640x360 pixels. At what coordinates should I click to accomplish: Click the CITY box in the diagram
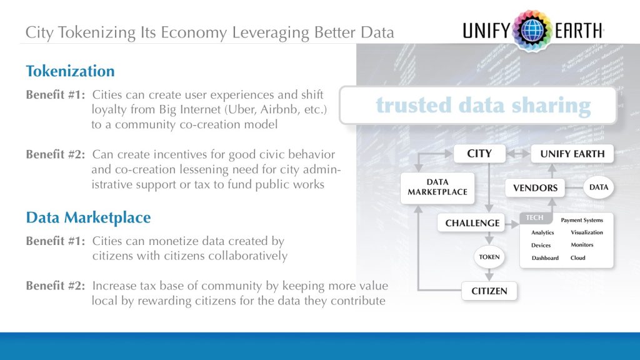479,154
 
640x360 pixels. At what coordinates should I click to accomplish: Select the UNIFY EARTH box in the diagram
572,154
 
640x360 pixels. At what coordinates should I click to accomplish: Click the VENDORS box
535,187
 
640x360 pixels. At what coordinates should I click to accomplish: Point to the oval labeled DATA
598,187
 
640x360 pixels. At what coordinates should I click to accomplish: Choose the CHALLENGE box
472,222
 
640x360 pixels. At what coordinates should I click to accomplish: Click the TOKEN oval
489,257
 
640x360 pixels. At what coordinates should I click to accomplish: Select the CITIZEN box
489,291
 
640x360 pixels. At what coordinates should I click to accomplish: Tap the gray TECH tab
534,218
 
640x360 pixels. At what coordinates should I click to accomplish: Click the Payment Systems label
582,220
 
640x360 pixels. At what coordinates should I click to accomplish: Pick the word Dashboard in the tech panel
545,258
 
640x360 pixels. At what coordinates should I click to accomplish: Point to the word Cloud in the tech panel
578,257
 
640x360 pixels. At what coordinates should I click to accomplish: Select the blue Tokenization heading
70,71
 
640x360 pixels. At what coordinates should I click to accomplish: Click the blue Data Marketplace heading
88,217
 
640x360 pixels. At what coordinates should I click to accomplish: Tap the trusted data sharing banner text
483,106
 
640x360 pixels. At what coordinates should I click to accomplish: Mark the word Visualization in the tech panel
587,232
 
